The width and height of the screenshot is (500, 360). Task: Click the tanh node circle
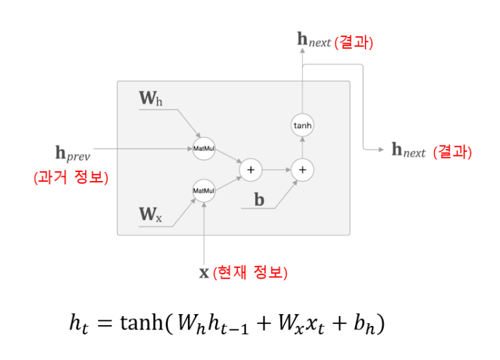tap(302, 125)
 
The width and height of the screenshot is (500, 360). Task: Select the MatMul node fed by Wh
tap(203, 148)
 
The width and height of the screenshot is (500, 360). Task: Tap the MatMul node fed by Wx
tap(203, 190)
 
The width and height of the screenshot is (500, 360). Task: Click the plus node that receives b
tap(302, 169)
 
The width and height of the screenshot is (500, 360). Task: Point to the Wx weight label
tap(150, 214)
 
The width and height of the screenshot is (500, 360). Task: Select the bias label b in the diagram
tap(259, 201)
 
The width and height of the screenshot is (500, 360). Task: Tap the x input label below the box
tap(204, 272)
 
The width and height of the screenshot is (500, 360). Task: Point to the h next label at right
tap(408, 150)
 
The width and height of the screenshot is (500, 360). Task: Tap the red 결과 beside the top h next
tap(354, 42)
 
